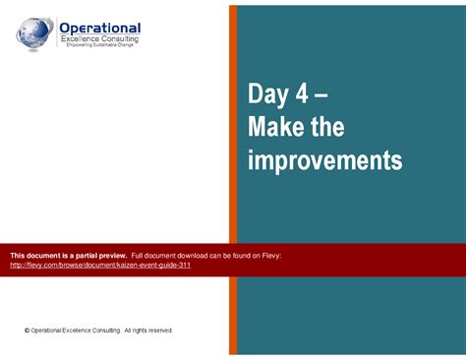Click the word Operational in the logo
pyautogui.click(x=100, y=28)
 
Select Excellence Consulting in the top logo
pyautogui.click(x=99, y=38)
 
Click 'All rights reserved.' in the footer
pyautogui.click(x=147, y=330)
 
